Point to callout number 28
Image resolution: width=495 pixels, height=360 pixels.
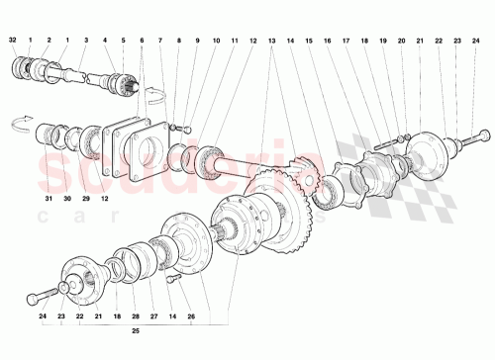[x=135, y=317]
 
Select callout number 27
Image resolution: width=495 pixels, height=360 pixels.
[x=153, y=317]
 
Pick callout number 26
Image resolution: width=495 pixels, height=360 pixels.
[x=191, y=317]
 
